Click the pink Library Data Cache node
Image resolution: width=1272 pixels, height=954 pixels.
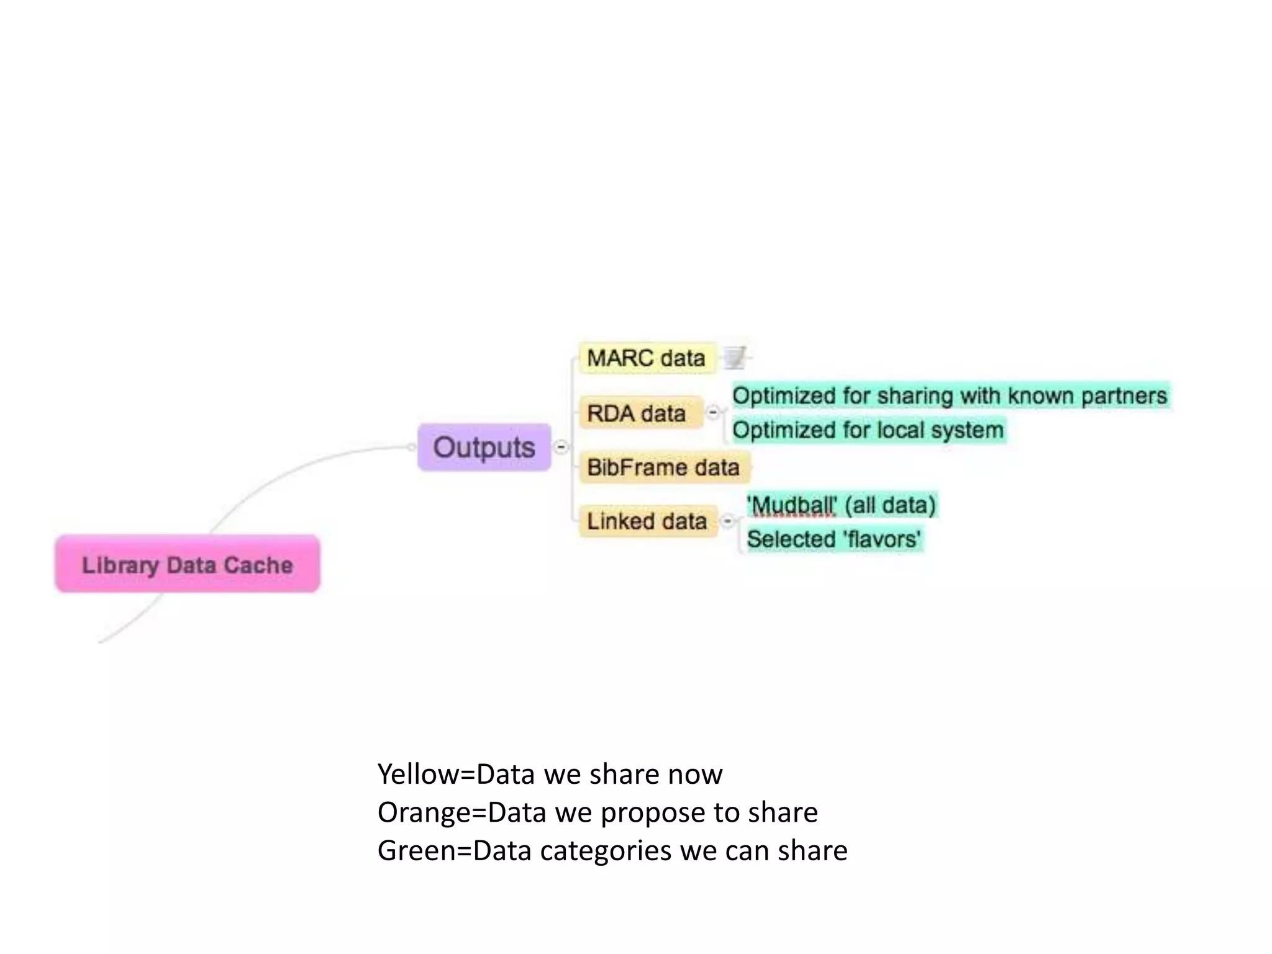click(x=188, y=564)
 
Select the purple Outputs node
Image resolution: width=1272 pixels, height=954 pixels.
click(x=484, y=447)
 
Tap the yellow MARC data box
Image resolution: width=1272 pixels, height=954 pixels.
click(x=646, y=358)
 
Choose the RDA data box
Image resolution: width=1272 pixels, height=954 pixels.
click(x=640, y=413)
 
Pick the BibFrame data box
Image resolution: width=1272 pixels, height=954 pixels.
click(x=663, y=467)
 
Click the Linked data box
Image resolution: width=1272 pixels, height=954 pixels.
click(x=647, y=521)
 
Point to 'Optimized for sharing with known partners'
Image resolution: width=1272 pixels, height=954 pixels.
click(x=950, y=396)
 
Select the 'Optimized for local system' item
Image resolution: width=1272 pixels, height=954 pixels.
click(x=868, y=430)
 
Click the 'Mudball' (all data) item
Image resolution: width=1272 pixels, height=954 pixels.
click(x=841, y=505)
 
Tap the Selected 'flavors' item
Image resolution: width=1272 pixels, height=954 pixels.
click(x=834, y=538)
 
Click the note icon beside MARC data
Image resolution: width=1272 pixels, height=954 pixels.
click(x=735, y=357)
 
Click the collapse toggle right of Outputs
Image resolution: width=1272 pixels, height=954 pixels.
click(x=561, y=447)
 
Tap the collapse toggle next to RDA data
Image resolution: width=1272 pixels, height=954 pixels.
click(x=713, y=412)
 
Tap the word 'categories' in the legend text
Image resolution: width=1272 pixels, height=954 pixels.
click(x=606, y=851)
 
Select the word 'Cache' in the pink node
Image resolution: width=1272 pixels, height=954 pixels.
click(x=258, y=565)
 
